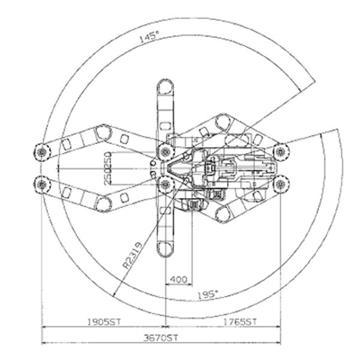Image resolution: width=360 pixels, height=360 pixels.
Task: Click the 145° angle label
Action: (149, 37)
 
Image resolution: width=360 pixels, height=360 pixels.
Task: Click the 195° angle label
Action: (208, 295)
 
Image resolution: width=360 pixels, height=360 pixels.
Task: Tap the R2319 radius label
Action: (133, 256)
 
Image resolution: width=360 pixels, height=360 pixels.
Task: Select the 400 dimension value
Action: (178, 280)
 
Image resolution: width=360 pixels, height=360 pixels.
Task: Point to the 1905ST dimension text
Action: (104, 322)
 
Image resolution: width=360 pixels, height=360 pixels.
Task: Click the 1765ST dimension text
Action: (239, 322)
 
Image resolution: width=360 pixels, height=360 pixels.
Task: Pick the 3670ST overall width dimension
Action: (161, 338)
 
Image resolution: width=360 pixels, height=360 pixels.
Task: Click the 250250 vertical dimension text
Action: (107, 168)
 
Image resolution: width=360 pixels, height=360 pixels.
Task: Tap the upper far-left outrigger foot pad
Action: (42, 152)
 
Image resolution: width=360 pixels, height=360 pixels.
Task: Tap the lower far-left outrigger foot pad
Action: (42, 184)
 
